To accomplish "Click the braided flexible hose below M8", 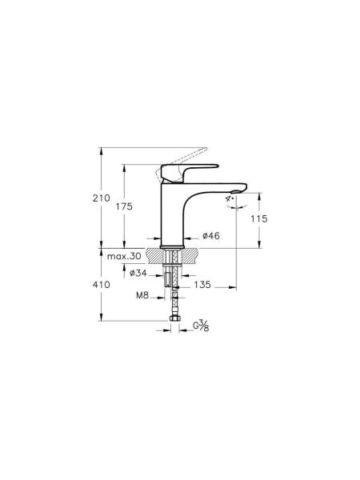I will [174, 302].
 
